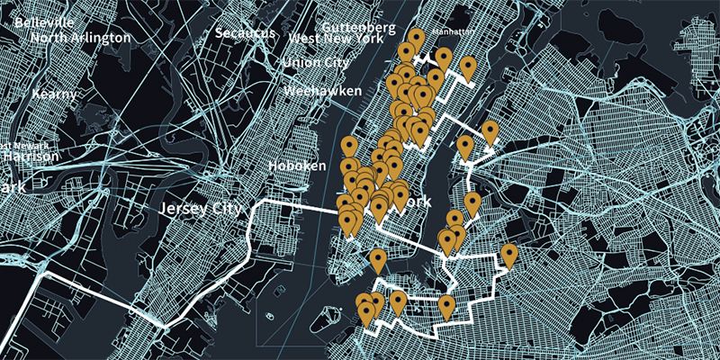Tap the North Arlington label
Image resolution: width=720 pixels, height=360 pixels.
tap(80, 38)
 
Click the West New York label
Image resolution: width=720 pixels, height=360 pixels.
tap(329, 39)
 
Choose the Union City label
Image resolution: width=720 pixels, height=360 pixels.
tap(315, 63)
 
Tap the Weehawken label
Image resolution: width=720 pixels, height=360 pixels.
tap(322, 91)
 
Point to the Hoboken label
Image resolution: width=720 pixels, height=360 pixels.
tap(297, 166)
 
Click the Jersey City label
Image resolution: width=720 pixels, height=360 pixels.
tap(200, 209)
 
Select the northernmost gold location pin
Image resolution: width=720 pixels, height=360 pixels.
tap(415, 39)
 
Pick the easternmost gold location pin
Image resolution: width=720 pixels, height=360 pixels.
tap(509, 256)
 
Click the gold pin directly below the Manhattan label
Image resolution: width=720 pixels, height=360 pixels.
tap(444, 58)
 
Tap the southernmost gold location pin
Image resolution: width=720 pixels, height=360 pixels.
tap(366, 313)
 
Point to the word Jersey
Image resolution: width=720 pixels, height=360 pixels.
tap(180, 209)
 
